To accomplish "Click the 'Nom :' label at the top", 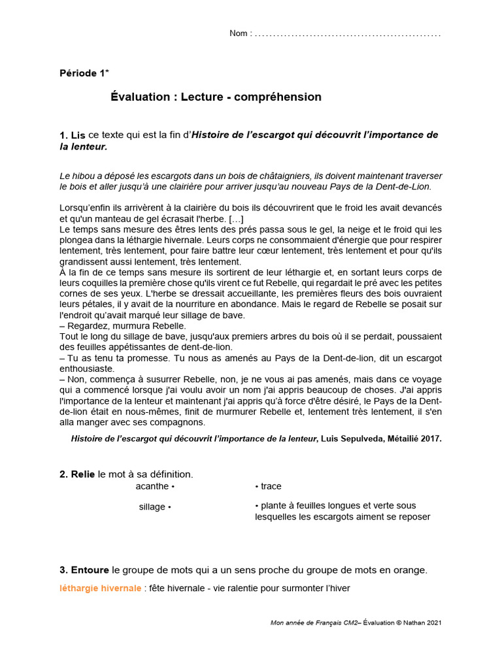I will tap(240, 33).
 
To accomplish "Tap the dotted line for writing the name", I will tap(347, 34).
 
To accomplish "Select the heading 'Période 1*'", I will tap(84, 73).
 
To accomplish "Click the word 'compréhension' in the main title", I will tap(284, 97).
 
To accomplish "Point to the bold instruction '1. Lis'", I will tap(73, 135).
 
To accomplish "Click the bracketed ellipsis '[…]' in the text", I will tap(237, 218).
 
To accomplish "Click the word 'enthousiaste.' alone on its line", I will tap(87, 368).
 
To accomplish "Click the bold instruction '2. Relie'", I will tap(77, 474).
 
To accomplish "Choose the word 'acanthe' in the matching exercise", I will tap(152, 487).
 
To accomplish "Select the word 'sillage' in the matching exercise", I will tap(152, 507).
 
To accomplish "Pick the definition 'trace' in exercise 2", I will tap(271, 487).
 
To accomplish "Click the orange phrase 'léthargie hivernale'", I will tap(100, 588).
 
